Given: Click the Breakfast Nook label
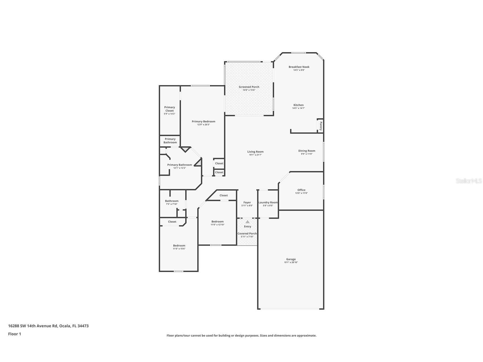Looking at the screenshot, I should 299,67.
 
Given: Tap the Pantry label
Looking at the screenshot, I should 321,126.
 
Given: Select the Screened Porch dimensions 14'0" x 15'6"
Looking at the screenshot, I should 249,90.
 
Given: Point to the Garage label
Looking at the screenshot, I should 291,259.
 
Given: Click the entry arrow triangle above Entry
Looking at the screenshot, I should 247,222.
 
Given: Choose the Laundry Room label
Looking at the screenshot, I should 268,202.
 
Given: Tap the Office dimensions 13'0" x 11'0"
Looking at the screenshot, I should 301,193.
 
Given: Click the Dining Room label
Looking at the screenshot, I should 307,151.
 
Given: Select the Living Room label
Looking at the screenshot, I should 255,152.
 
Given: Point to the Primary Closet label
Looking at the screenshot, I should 170,109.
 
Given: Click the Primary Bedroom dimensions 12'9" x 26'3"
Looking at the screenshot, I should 203,125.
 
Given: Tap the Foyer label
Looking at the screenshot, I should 247,202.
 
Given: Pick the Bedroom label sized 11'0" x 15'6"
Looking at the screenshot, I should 179,246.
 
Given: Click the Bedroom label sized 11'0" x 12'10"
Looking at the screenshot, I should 217,221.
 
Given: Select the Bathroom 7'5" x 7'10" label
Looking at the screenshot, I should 172,201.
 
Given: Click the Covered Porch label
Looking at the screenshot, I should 247,233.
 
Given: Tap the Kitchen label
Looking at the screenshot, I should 299,105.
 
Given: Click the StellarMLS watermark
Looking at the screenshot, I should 468,181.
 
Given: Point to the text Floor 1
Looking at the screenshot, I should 15,334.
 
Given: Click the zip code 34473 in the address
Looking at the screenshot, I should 83,326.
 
